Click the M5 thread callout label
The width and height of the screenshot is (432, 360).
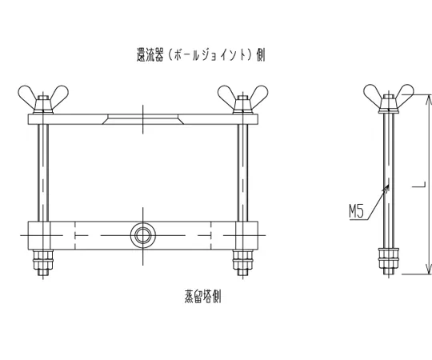click(x=357, y=212)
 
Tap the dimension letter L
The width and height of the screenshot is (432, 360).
click(x=418, y=185)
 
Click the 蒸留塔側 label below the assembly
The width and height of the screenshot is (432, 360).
click(x=202, y=296)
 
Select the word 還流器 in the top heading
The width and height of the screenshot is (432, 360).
click(x=150, y=54)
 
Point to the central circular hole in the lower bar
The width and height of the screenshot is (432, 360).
click(x=142, y=235)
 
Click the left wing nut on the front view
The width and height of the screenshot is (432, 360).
click(x=43, y=99)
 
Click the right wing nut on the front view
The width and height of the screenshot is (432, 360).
click(x=242, y=99)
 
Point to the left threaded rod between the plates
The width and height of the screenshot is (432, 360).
click(x=43, y=173)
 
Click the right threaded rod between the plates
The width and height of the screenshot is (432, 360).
click(x=242, y=173)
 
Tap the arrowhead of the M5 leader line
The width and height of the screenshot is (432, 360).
click(x=386, y=188)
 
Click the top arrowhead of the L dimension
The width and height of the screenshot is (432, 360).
click(x=428, y=101)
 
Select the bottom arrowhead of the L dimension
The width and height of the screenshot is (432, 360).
click(x=428, y=268)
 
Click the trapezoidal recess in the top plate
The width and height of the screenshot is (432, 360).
click(x=142, y=119)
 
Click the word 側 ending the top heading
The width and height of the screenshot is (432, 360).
click(x=260, y=54)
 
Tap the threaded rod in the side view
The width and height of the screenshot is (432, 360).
click(x=389, y=181)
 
